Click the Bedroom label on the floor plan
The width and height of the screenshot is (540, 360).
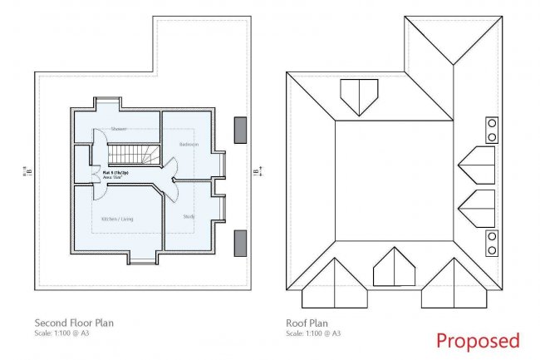coord(188,145)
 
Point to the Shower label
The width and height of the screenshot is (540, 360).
coord(119,129)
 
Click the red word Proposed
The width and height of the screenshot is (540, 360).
coord(478,340)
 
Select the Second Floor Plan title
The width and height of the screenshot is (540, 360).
coord(73,323)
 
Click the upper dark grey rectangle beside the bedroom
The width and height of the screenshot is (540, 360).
coord(242,130)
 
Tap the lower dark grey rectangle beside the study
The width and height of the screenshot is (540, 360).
coord(242,243)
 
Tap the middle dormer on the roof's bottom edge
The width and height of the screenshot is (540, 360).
coord(394,269)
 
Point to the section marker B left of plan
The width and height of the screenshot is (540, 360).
coord(27,172)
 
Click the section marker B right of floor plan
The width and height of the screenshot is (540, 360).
coord(257,172)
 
